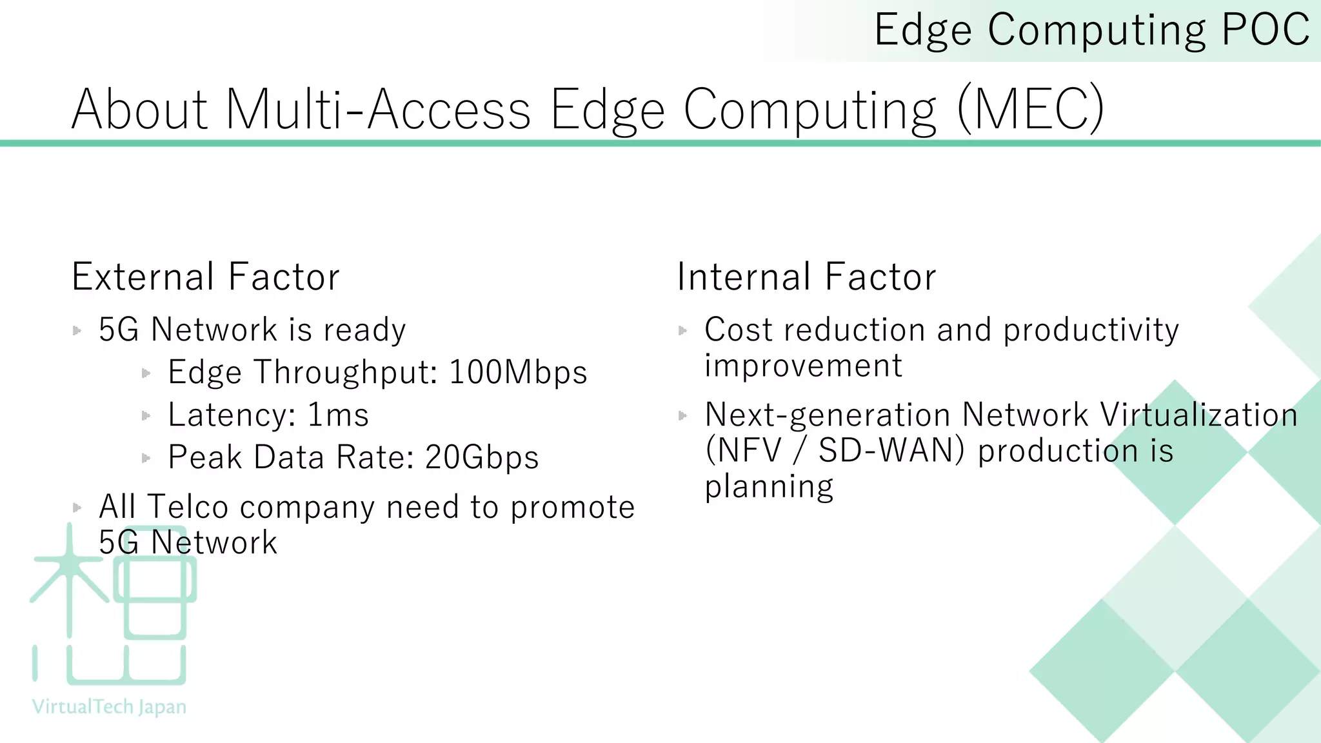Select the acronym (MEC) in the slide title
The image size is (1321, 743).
pos(1030,110)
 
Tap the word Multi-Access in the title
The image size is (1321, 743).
pos(378,110)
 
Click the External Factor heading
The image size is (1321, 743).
pos(205,277)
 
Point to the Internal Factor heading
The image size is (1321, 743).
pos(806,277)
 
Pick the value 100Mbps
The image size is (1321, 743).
pos(518,372)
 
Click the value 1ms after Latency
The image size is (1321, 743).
pos(338,415)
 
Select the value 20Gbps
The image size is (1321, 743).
pos(482,457)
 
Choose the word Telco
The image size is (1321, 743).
pos(188,507)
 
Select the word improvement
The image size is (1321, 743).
pos(803,366)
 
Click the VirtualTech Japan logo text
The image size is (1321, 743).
pos(109,707)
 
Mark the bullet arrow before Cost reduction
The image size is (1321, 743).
pos(683,331)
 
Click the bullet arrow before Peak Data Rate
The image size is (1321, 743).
pos(146,458)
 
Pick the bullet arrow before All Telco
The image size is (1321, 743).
pos(77,508)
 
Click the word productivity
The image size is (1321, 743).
pos(1091,331)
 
